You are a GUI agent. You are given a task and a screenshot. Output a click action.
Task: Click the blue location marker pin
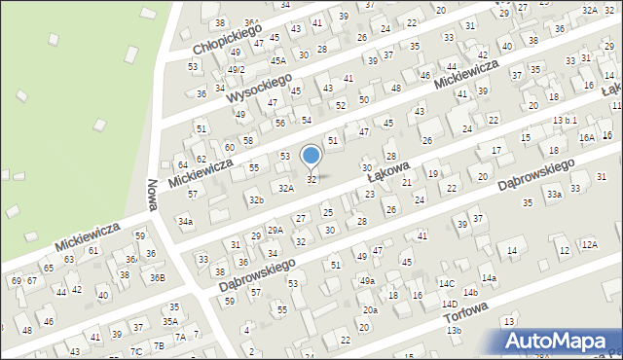[311, 157]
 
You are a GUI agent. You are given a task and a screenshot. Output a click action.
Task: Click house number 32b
[255, 200]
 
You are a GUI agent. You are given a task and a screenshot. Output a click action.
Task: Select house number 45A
[277, 60]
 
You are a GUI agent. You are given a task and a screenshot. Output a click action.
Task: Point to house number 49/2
[236, 70]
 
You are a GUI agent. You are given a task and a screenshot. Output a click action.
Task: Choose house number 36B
[157, 278]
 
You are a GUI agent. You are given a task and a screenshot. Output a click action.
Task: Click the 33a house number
[554, 195]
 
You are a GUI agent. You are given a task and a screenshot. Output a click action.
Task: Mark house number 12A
[589, 244]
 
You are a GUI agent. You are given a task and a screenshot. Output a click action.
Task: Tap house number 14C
[446, 283]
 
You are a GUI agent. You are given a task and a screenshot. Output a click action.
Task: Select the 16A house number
[586, 138]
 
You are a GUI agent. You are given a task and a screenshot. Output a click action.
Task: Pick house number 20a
[370, 310]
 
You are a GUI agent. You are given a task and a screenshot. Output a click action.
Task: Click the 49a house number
[366, 281]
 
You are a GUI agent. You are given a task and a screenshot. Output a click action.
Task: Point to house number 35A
[170, 321]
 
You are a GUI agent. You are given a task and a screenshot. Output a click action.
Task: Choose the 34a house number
[185, 222]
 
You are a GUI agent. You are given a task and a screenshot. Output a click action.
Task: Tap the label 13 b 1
[565, 120]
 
